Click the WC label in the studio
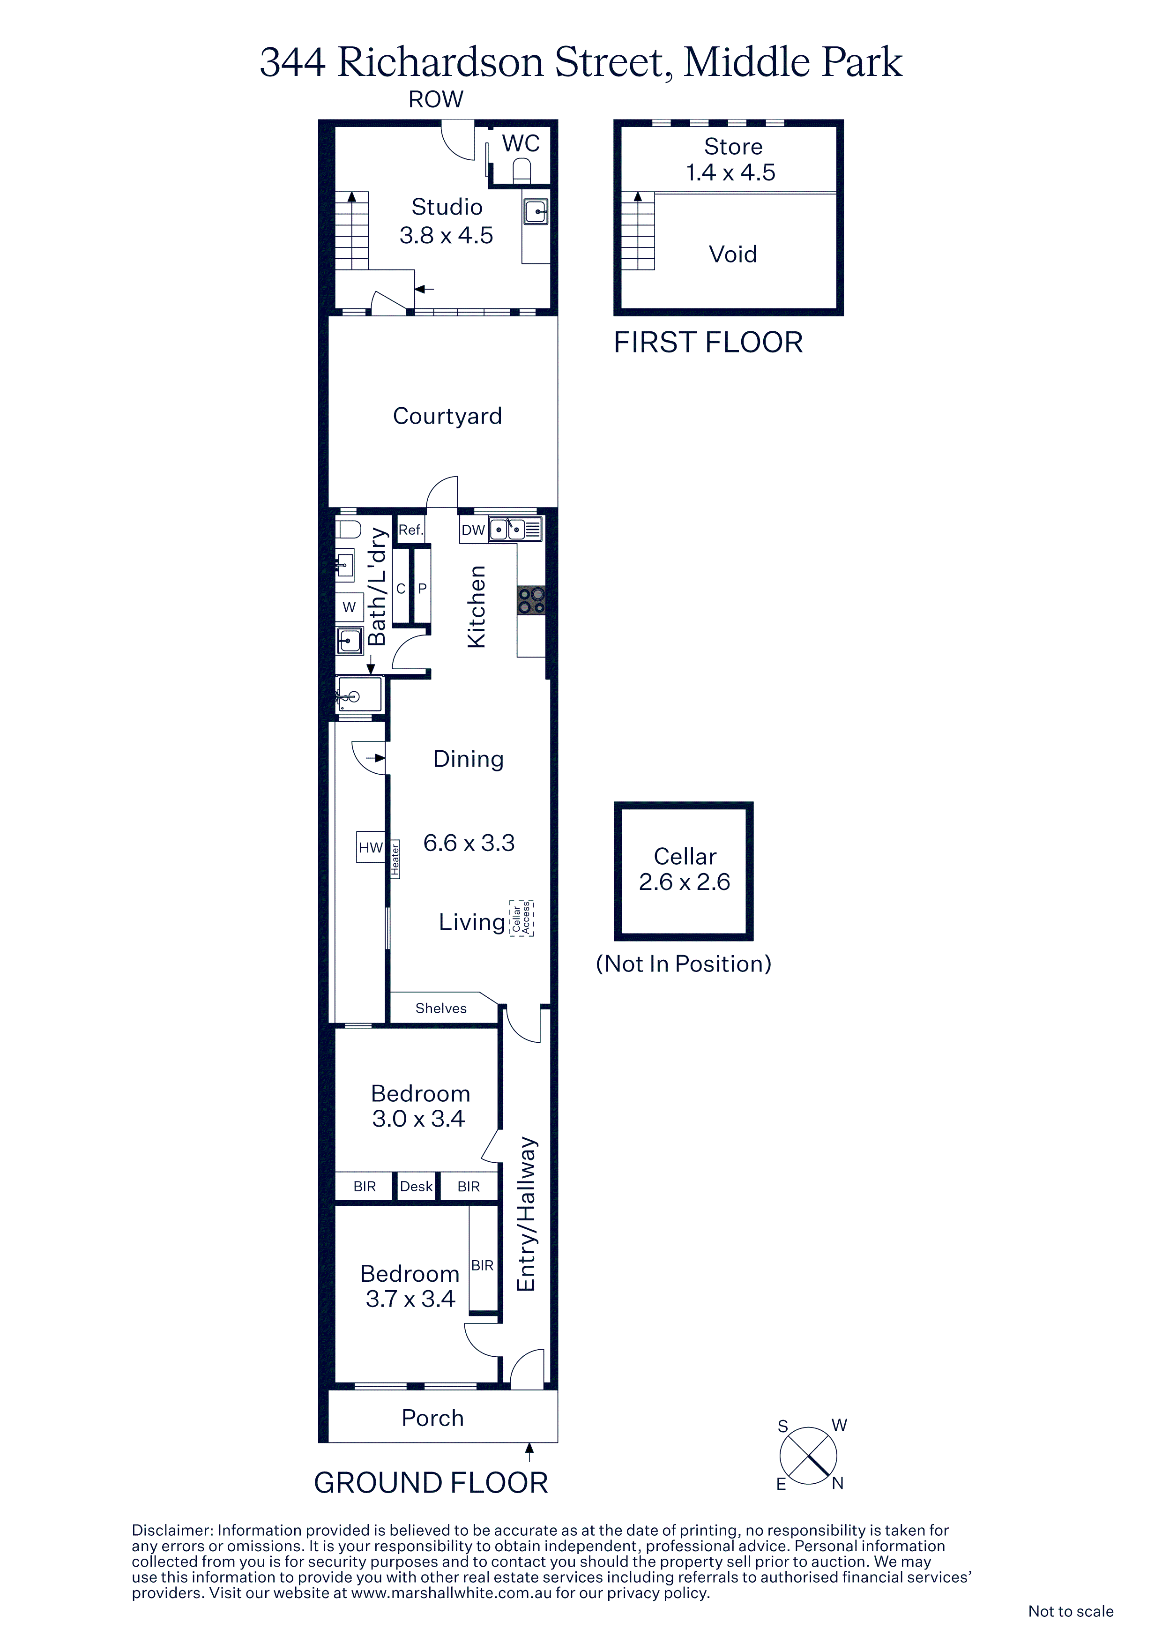point(521,144)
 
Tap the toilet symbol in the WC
point(522,171)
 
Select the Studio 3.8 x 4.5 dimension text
point(446,235)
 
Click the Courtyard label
point(447,416)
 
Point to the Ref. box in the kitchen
point(411,530)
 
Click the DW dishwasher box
point(473,530)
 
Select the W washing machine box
point(350,607)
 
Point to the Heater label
point(395,859)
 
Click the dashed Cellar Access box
point(521,918)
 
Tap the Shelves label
point(441,1008)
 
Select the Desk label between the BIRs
point(416,1187)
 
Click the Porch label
point(432,1419)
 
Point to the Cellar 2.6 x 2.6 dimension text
point(685,882)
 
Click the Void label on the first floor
point(732,254)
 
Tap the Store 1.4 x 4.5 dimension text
point(731,172)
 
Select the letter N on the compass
point(838,1484)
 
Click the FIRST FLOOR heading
point(708,343)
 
